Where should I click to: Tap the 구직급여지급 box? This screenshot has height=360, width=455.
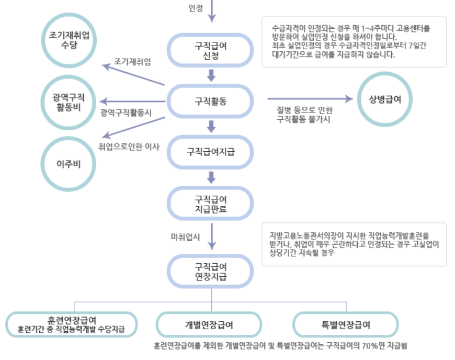(x=211, y=152)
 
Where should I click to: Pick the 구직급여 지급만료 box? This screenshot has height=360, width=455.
(x=211, y=204)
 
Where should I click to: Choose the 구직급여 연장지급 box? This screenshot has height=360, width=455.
(x=211, y=271)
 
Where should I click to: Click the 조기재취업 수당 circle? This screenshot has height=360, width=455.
(x=70, y=40)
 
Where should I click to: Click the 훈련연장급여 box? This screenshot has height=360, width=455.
(x=71, y=325)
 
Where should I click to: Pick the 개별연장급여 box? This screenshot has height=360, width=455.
(x=209, y=325)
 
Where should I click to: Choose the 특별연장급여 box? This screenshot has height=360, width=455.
(x=346, y=325)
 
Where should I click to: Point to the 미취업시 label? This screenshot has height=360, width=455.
(x=186, y=237)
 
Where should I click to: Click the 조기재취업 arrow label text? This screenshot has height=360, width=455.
(x=132, y=62)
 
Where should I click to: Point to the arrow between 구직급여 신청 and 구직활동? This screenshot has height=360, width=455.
(x=211, y=75)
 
